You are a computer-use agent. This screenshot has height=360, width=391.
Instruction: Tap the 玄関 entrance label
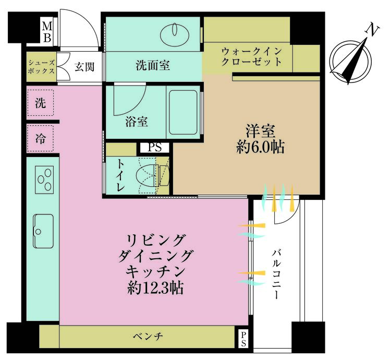[84, 66]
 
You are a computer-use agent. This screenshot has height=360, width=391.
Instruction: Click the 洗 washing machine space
[40, 103]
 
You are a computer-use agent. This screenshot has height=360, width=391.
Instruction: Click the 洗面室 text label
[152, 66]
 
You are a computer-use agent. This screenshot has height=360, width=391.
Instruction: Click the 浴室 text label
[136, 122]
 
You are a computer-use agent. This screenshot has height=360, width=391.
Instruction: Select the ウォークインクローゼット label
[252, 56]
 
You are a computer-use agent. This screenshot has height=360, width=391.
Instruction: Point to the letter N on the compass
[372, 30]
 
